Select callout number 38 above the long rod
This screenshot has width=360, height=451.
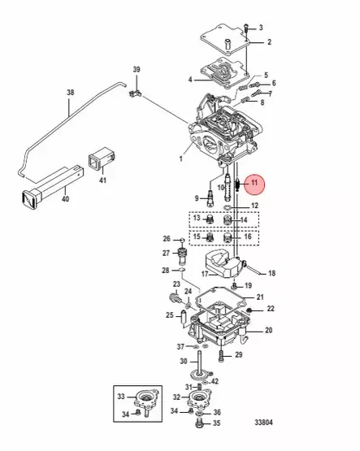(70, 93)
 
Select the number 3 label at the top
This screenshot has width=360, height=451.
(261, 28)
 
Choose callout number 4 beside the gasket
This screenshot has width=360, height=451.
(189, 80)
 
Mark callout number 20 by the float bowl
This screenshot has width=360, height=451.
(268, 330)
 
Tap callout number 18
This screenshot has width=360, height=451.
(272, 273)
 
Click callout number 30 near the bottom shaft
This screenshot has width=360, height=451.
(184, 362)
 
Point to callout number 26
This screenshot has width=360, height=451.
(166, 239)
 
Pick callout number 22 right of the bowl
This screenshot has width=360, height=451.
(271, 309)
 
